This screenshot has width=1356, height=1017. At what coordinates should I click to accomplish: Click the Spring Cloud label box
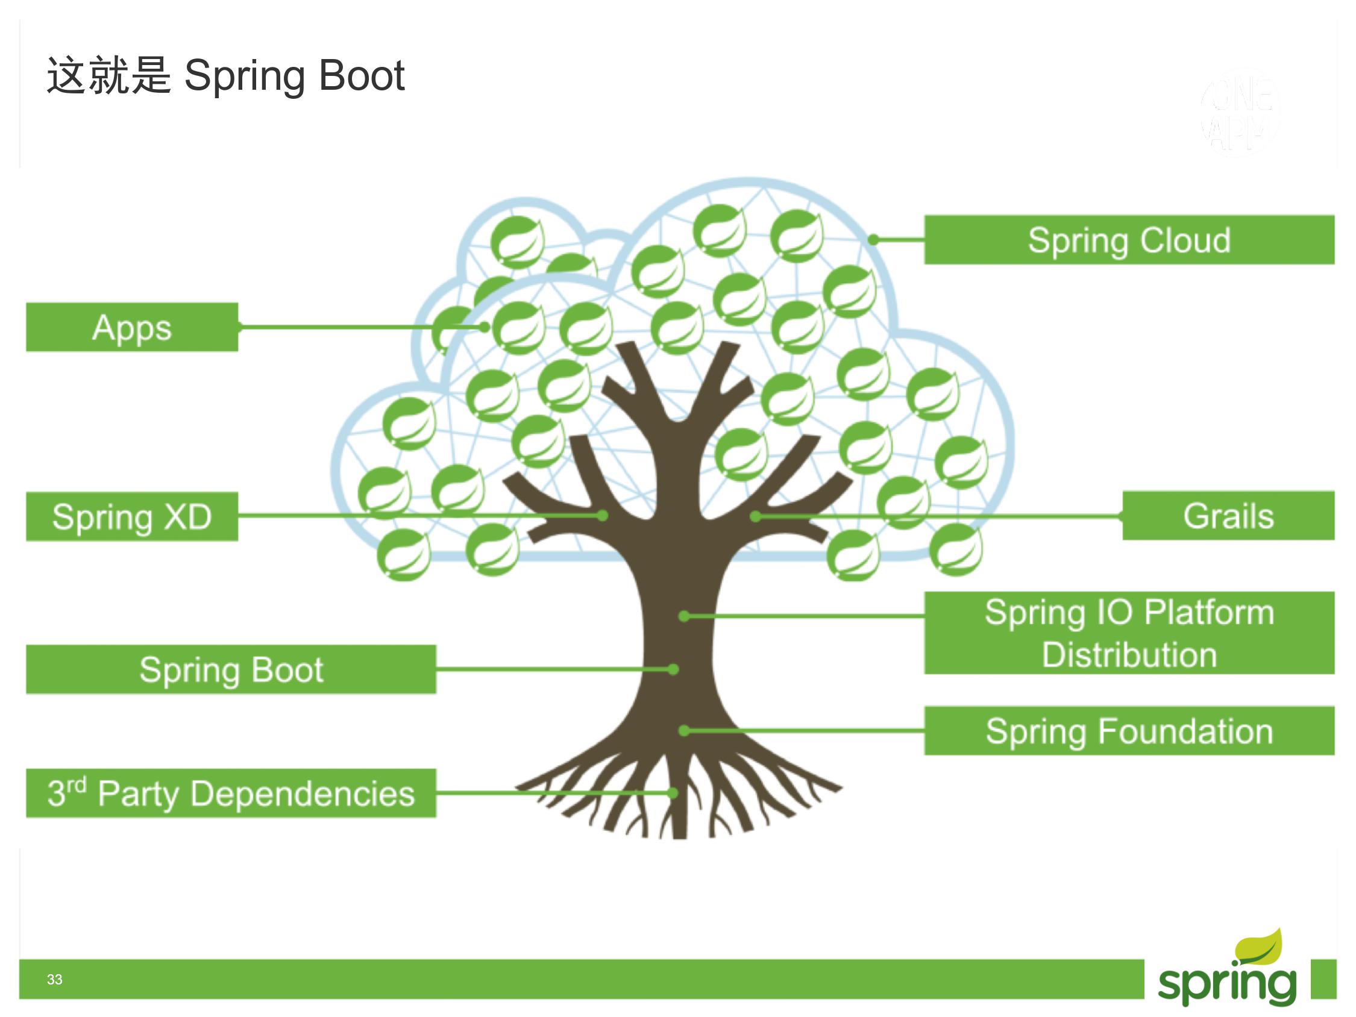coord(1129,240)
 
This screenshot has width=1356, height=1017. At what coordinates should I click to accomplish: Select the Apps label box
coord(132,327)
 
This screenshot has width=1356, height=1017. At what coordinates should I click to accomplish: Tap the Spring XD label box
coord(132,516)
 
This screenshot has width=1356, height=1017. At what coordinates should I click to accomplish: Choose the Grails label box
coord(1228,516)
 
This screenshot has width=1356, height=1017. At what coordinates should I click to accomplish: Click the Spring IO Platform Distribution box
coord(1129,633)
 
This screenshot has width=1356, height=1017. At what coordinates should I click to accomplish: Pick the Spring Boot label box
coord(230,669)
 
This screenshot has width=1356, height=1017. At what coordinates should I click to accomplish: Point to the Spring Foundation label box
coord(1129,730)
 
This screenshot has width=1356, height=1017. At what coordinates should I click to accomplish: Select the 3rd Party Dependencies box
coord(230,793)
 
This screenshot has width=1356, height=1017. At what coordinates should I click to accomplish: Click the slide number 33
coord(55,979)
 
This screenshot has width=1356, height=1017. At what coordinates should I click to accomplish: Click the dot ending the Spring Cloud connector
coord(874,240)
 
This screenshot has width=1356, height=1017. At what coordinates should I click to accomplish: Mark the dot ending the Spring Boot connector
coord(673,669)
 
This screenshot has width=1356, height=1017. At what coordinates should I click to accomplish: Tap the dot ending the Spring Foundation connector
coord(685,730)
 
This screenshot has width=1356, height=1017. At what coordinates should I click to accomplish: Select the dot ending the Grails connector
coord(756,517)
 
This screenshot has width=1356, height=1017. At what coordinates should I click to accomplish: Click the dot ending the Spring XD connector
coord(603,516)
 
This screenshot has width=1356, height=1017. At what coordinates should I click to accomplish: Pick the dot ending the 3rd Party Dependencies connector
coord(673,793)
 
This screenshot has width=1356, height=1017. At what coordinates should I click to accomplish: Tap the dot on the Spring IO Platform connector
coord(685,616)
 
